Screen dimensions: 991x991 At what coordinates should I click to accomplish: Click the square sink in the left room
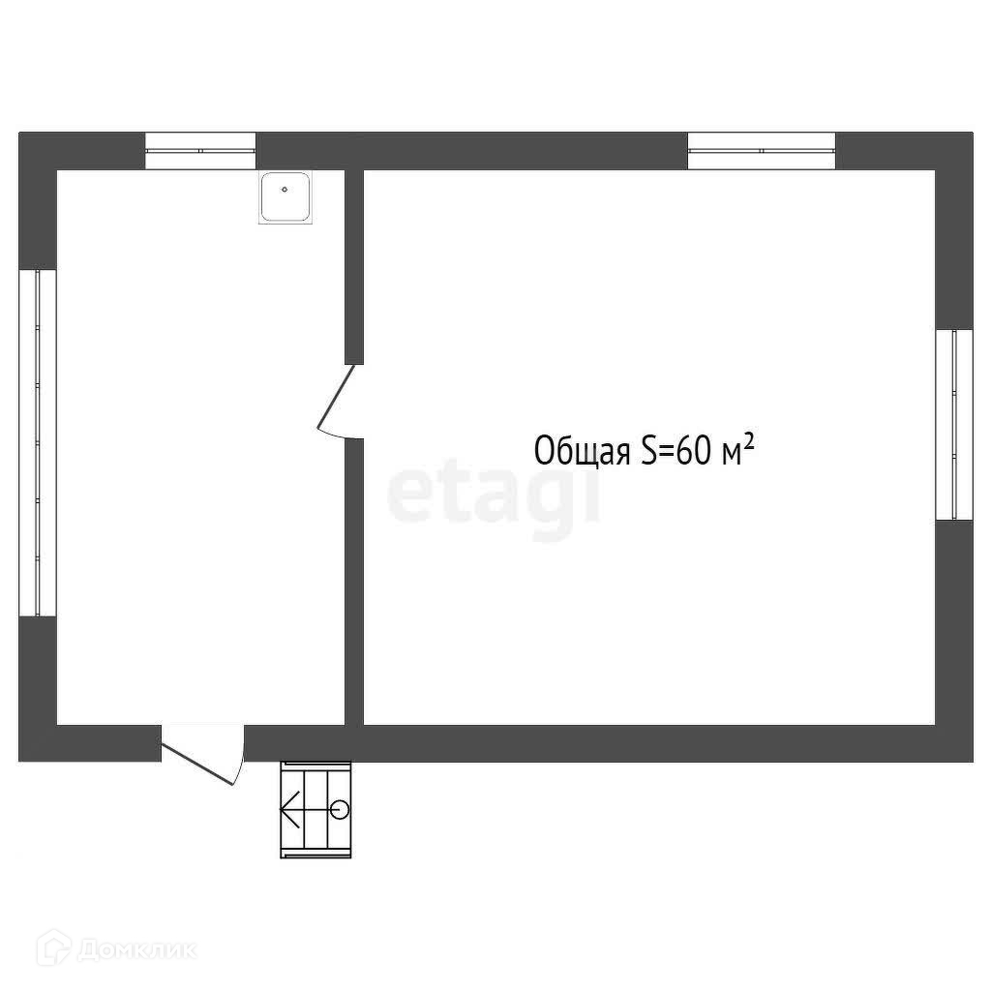point(285,197)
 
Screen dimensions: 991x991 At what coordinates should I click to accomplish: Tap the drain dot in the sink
point(285,190)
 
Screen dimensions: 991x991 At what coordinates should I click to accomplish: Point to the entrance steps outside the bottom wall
point(316,808)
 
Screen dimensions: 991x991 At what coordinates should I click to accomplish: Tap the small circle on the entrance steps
point(339,808)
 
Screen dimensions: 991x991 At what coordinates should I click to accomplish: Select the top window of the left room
point(200,150)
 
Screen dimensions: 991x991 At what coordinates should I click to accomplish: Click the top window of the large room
point(761,150)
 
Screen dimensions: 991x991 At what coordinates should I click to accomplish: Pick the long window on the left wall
point(38,442)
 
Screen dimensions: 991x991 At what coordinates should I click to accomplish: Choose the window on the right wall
point(953,425)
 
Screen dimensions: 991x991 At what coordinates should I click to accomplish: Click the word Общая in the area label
point(581,452)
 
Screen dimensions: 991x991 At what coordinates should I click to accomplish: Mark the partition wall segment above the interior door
point(354,266)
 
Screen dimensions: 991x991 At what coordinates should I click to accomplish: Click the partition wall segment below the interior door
point(354,581)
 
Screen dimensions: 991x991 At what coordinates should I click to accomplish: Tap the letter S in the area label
point(647,451)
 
